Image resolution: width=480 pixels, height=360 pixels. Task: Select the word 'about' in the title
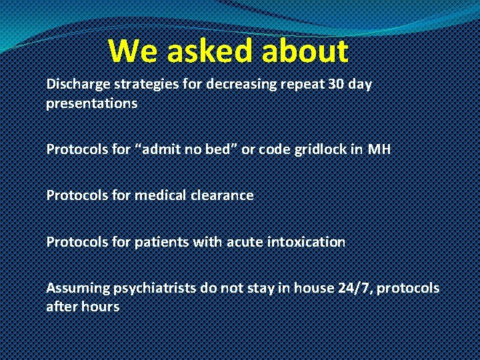pyautogui.click(x=306, y=51)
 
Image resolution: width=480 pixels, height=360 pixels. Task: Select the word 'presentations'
pyautogui.click(x=91, y=104)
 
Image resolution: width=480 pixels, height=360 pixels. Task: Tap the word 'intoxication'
pyautogui.click(x=306, y=241)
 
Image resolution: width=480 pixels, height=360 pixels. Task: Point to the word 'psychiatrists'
pyautogui.click(x=148, y=288)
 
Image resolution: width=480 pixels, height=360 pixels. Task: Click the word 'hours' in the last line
pyautogui.click(x=101, y=307)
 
